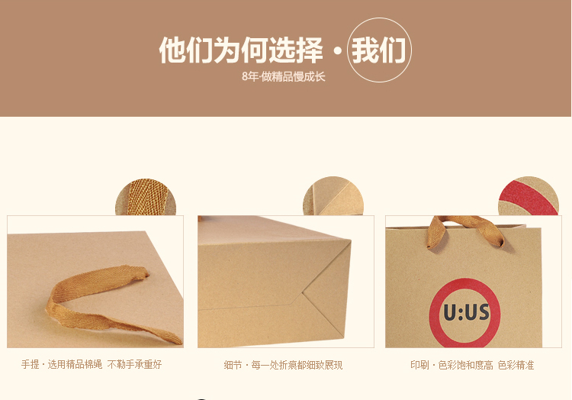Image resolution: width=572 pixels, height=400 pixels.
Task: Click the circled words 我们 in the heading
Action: point(378,50)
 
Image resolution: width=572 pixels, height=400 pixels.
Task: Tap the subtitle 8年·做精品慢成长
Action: point(284,76)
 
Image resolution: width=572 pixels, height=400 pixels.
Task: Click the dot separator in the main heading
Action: point(337,50)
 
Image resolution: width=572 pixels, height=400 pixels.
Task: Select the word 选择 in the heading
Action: point(296,50)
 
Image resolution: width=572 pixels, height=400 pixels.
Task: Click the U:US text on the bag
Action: point(466,313)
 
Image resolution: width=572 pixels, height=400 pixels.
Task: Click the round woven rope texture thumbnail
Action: point(146,197)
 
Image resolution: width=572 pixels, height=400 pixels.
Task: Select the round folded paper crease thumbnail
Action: point(333,196)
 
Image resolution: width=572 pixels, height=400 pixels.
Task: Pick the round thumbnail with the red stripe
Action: point(529,196)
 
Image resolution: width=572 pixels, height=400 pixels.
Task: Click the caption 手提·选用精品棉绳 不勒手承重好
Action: point(92,364)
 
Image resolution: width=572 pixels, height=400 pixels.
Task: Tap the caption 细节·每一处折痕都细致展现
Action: point(283,365)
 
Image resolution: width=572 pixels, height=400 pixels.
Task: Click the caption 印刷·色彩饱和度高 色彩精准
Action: point(472,365)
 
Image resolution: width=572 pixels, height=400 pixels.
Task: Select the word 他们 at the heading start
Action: point(186,50)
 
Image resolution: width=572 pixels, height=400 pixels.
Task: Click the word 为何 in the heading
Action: point(241,50)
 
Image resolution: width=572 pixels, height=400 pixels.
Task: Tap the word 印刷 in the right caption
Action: point(419,365)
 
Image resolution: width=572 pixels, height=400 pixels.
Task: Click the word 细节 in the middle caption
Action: point(233,365)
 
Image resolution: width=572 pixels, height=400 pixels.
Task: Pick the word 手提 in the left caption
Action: point(31,364)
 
